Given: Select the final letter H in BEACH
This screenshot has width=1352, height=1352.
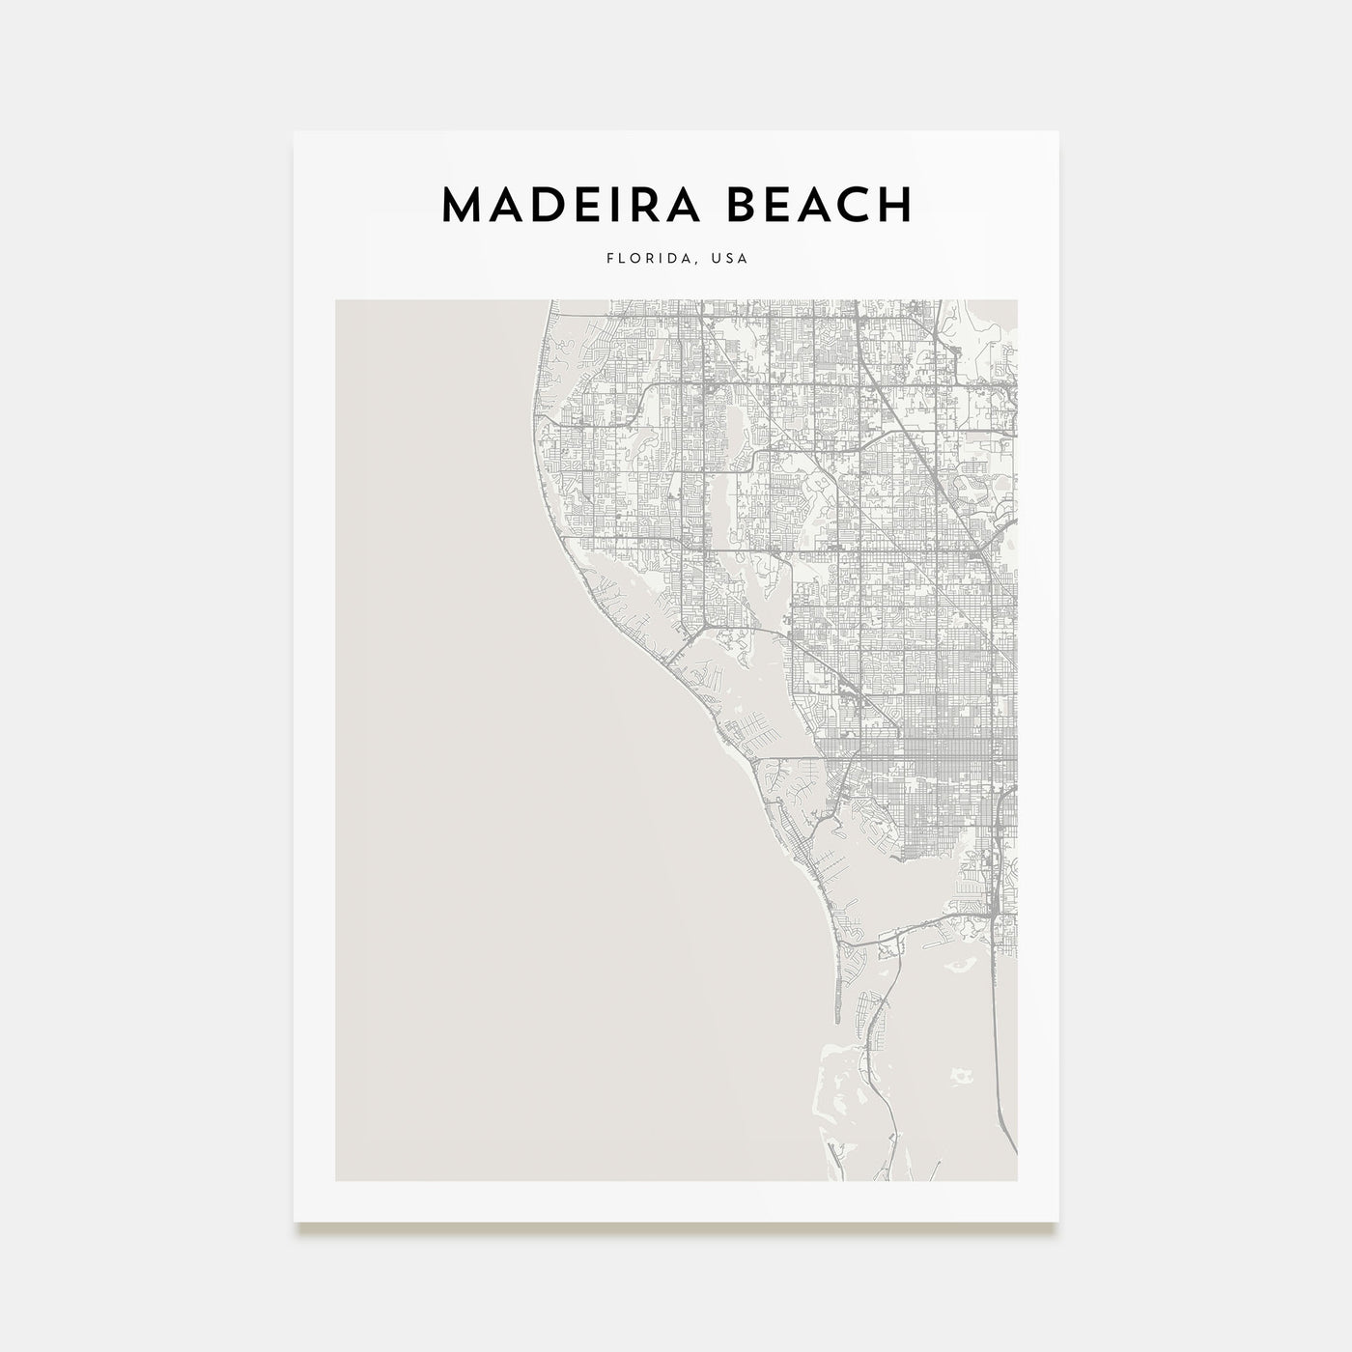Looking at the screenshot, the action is pos(895,204).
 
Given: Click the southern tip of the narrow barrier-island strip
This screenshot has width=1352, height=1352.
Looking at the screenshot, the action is pos(839,1021).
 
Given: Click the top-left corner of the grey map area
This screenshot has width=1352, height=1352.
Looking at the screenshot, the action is pos(336,300).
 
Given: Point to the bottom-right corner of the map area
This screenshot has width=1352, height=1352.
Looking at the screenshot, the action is pos(1017,1180).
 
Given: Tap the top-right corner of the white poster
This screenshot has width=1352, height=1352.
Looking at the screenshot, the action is pos(1058,132).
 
